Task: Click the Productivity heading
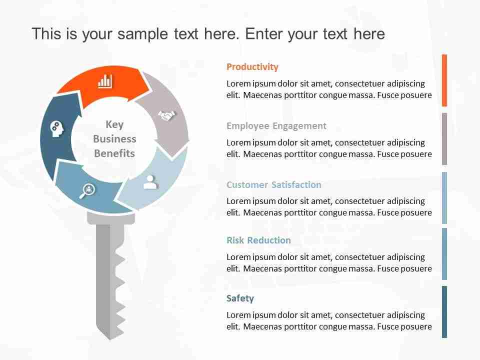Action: click(252, 66)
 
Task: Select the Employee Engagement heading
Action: click(276, 126)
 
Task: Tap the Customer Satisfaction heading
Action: click(273, 184)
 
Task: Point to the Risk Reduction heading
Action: click(258, 240)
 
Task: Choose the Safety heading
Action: click(240, 298)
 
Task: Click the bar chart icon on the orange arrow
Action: click(104, 81)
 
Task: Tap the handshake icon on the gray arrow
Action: click(167, 115)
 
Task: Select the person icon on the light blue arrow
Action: click(150, 182)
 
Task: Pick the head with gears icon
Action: click(57, 129)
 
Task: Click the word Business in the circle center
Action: click(114, 139)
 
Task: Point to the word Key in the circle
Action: click(114, 124)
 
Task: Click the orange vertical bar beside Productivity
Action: click(444, 80)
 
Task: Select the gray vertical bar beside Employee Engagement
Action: click(444, 139)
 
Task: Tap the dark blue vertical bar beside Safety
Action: click(444, 312)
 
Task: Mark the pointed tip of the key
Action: click(110, 339)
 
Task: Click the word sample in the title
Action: click(142, 34)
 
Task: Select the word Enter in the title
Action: click(263, 33)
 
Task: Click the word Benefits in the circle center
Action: click(114, 153)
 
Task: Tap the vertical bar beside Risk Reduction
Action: click(444, 254)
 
